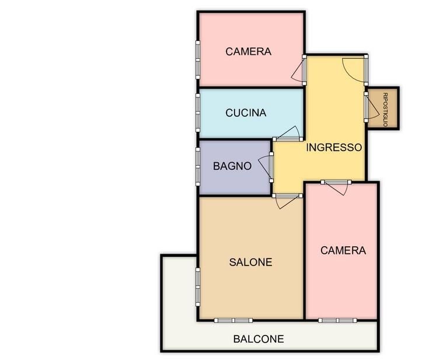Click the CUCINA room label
[246, 113]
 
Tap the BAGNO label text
[232, 166]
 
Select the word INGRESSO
[334, 148]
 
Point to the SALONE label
[250, 262]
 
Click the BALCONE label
[259, 339]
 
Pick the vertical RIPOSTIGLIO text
[385, 110]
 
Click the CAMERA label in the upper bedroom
[249, 51]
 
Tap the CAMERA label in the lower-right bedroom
[343, 250]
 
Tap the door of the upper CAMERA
[299, 70]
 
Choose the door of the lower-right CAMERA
[336, 187]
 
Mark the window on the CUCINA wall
[198, 113]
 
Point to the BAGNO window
[198, 167]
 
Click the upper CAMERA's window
[198, 60]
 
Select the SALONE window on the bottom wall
[233, 320]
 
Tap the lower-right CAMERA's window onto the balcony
[337, 320]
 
